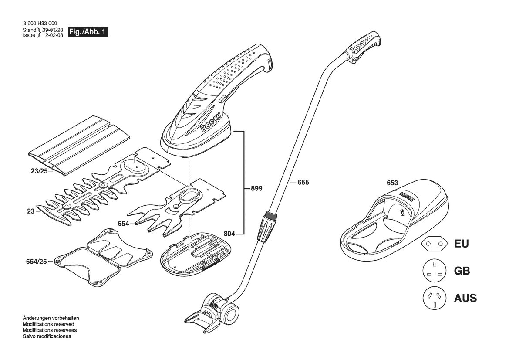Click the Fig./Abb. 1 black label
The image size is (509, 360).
click(88, 32)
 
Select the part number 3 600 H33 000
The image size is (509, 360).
click(40, 24)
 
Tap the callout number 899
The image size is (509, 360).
click(256, 188)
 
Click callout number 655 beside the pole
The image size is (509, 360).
click(303, 182)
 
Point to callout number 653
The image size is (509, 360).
click(392, 183)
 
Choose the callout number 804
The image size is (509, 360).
click(229, 233)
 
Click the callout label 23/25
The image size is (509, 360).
click(39, 170)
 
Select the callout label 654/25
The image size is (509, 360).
click(36, 261)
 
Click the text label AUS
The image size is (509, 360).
click(465, 298)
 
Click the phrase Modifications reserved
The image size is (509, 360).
click(48, 324)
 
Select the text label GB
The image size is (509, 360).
click(462, 271)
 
